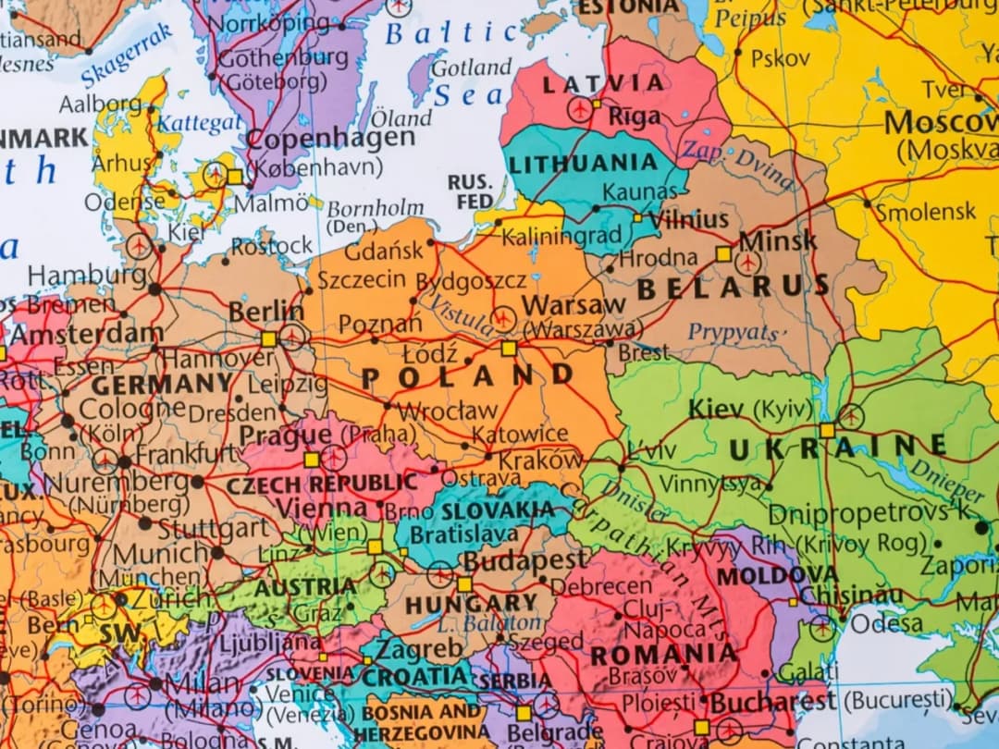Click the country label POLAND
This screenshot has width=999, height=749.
point(468,376)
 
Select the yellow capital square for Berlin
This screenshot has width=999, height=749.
point(268,338)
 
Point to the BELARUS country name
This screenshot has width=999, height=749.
point(734,288)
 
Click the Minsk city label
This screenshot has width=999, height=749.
point(778,240)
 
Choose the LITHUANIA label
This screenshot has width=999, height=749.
point(583,165)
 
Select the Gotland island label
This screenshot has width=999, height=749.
point(471,68)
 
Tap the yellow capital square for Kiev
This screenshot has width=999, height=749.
point(826,430)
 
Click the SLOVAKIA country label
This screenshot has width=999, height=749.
point(498,510)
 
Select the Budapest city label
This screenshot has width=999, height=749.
point(524,560)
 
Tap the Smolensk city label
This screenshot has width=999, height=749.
point(925,212)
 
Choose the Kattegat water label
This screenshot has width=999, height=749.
point(199,122)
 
